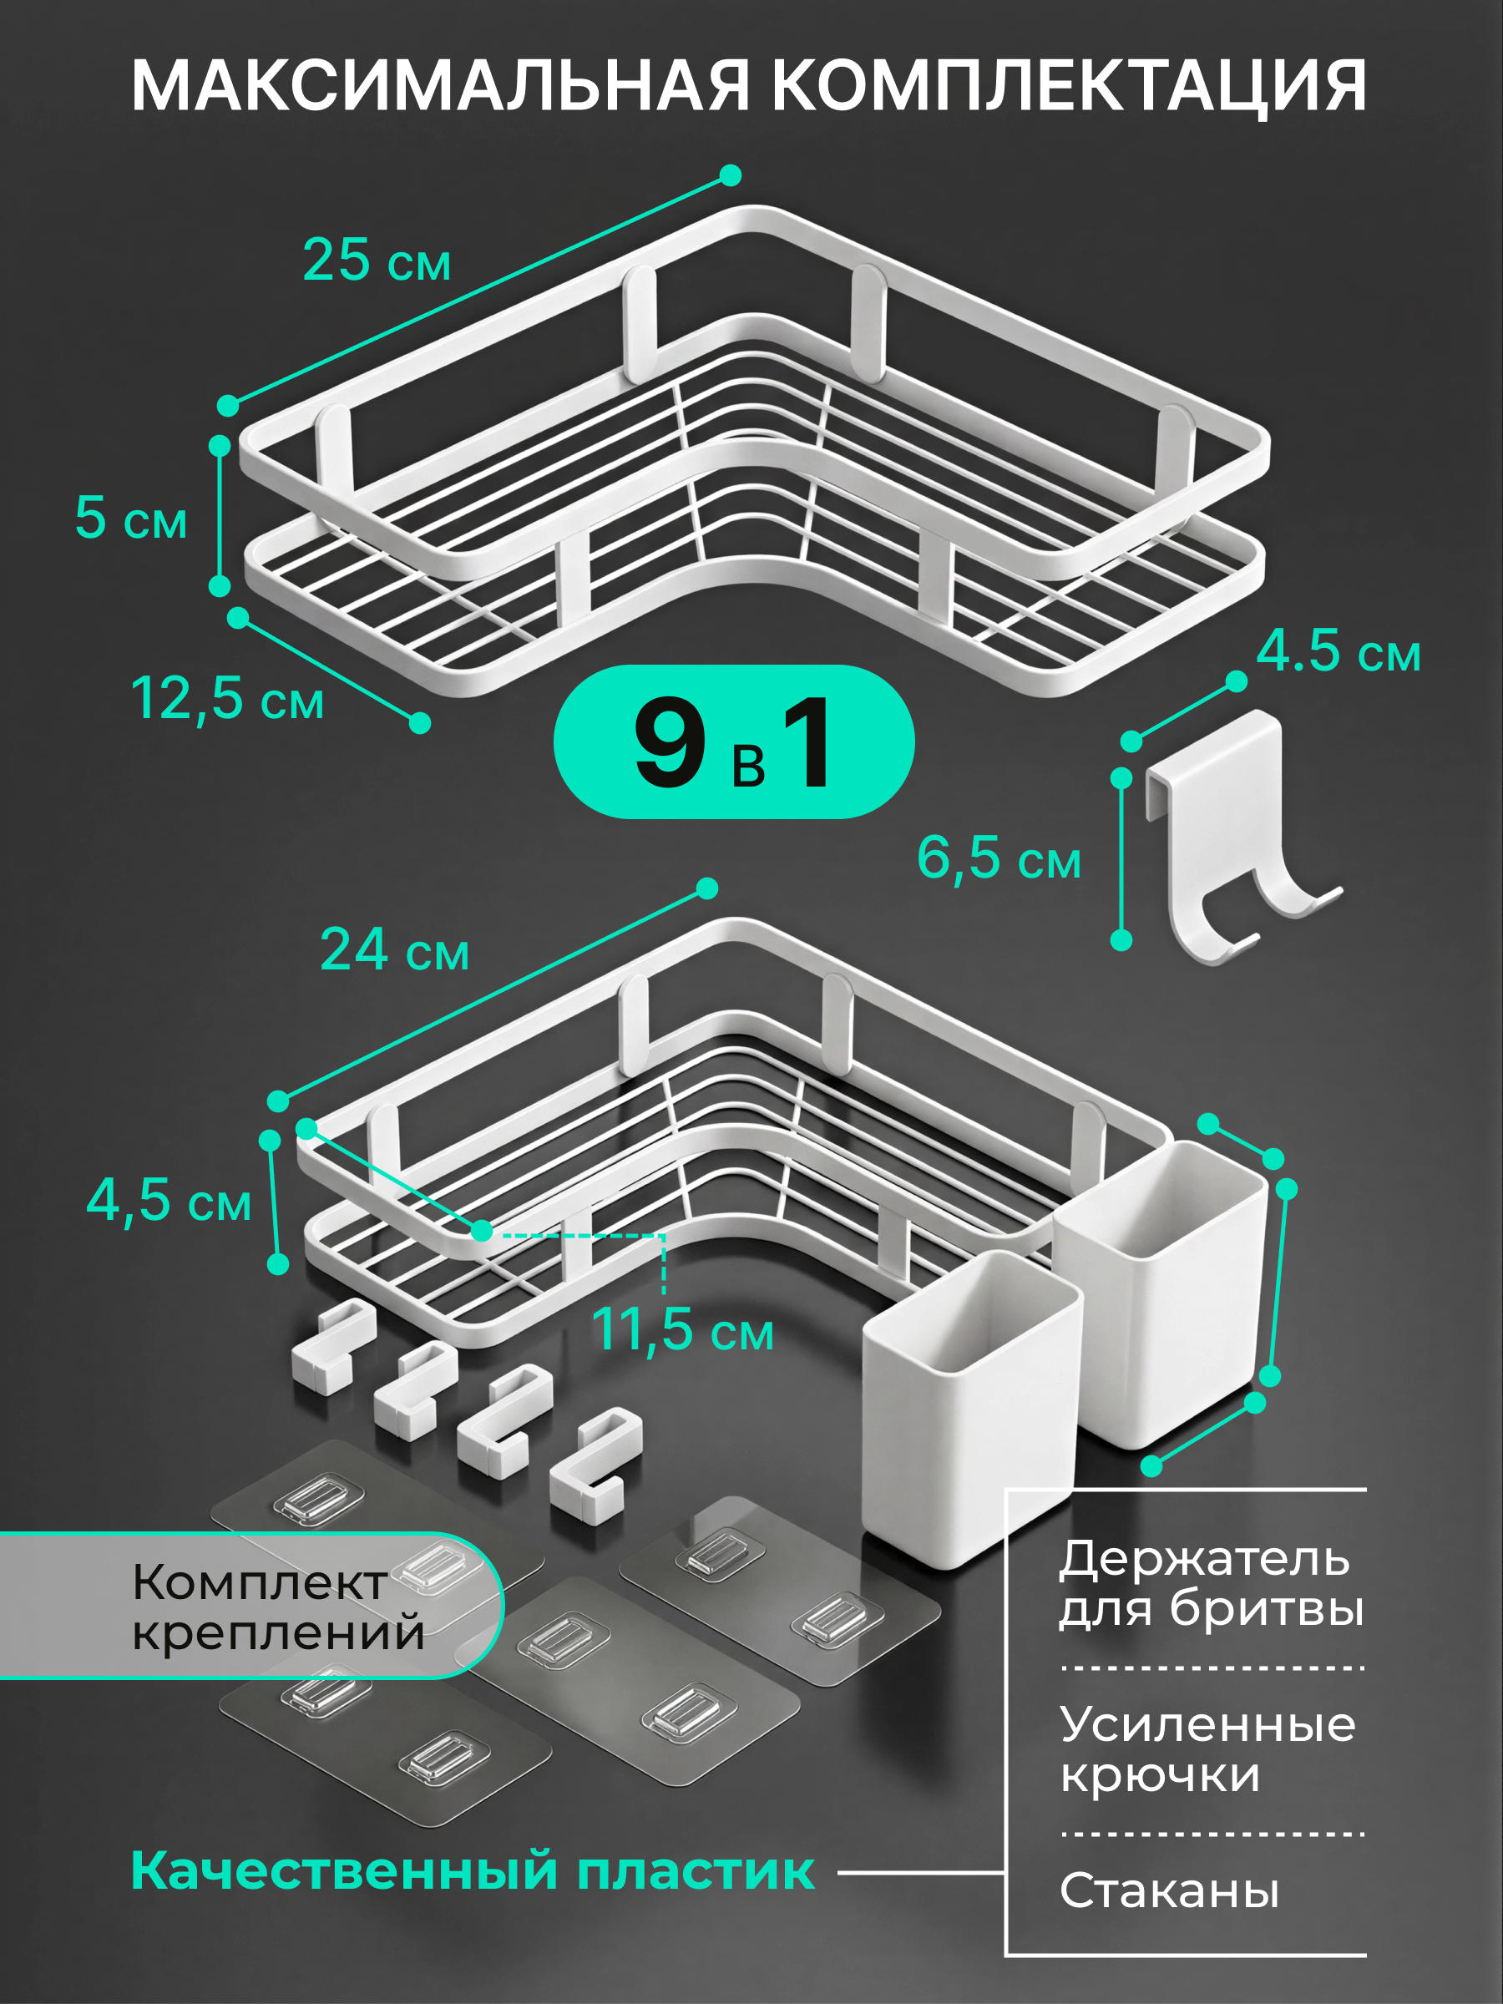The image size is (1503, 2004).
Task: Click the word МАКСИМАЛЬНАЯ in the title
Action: coord(440,86)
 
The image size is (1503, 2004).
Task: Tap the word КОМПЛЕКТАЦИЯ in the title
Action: coord(1069,86)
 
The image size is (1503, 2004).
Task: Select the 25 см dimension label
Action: coord(376,260)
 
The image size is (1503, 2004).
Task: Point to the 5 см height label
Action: coord(131,518)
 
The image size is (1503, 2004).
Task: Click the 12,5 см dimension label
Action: coord(227,699)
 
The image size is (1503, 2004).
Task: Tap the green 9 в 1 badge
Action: coord(734,742)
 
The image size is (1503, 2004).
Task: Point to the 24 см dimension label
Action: coord(395,949)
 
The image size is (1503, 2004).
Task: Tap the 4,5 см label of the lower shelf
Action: coord(169,1201)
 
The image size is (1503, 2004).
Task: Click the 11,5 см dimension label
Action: coord(682,1330)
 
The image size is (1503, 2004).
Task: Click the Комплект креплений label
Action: coord(278,1607)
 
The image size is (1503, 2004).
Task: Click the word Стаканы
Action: coord(1170,1890)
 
